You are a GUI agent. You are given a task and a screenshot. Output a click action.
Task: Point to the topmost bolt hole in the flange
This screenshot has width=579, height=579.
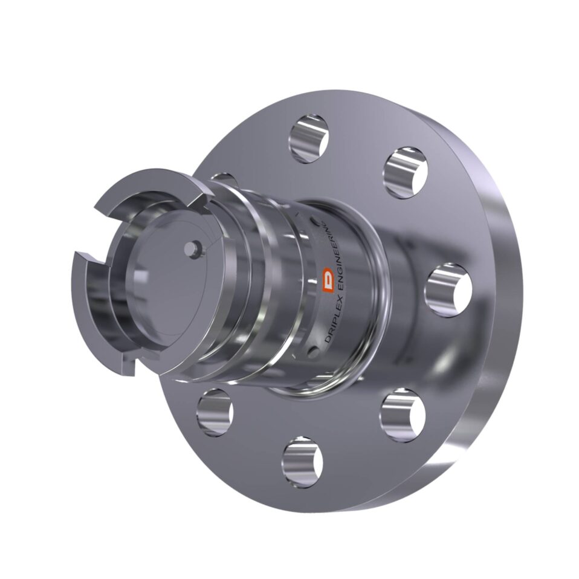(x=308, y=138)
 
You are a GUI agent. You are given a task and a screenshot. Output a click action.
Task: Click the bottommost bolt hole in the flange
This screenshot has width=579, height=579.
(x=302, y=462)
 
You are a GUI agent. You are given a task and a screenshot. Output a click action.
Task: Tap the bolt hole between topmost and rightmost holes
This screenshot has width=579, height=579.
(x=406, y=172)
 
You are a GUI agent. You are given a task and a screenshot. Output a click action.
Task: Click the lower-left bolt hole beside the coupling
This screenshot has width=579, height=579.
(x=215, y=412)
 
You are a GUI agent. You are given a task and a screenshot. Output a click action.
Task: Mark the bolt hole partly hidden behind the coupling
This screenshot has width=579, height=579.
(x=225, y=179)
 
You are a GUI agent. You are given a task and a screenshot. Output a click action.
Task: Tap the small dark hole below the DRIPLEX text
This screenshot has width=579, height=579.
(x=312, y=352)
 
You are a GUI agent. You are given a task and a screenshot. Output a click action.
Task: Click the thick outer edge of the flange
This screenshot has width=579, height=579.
(x=505, y=338)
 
